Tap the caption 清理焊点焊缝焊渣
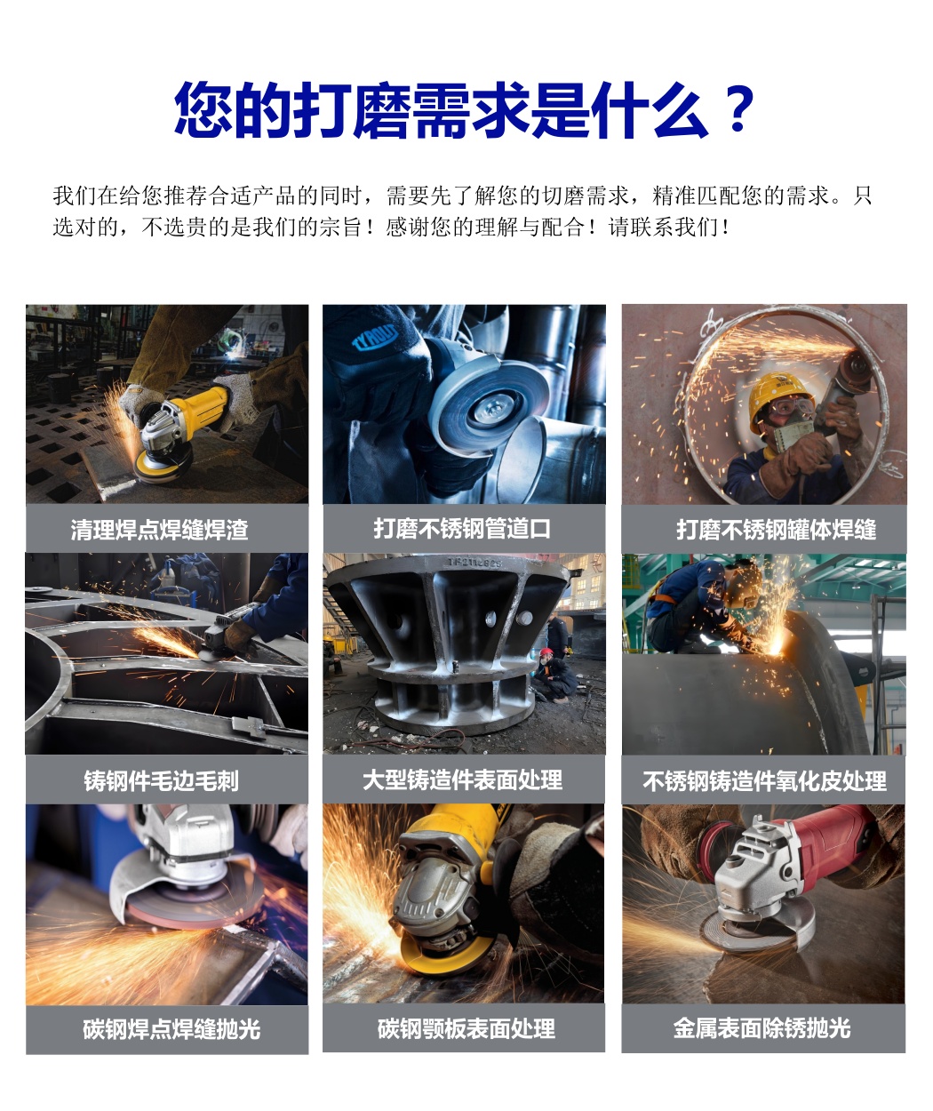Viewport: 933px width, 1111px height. click(x=160, y=530)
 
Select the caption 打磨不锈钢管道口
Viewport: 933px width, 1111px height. click(x=462, y=529)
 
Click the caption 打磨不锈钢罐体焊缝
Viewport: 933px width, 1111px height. click(x=776, y=530)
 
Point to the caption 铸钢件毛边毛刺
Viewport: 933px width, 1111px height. click(x=161, y=780)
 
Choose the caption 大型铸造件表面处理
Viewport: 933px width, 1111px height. click(x=462, y=779)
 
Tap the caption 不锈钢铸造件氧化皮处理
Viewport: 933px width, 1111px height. click(x=764, y=780)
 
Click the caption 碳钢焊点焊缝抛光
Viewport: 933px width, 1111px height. click(x=171, y=1028)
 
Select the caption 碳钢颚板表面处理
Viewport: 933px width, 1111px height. click(x=466, y=1028)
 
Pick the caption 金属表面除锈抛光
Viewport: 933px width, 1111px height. click(x=762, y=1027)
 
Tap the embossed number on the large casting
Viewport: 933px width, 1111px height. click(x=474, y=562)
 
